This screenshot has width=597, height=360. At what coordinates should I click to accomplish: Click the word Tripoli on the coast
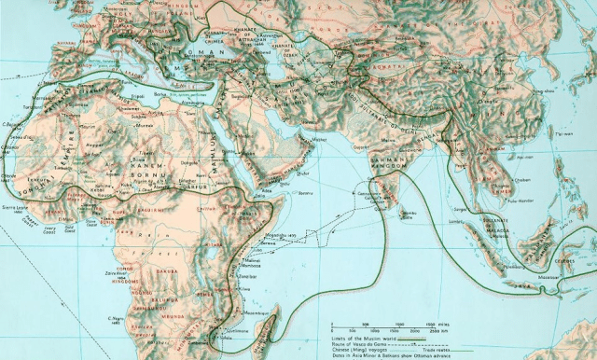pyautogui.click(x=138, y=94)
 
